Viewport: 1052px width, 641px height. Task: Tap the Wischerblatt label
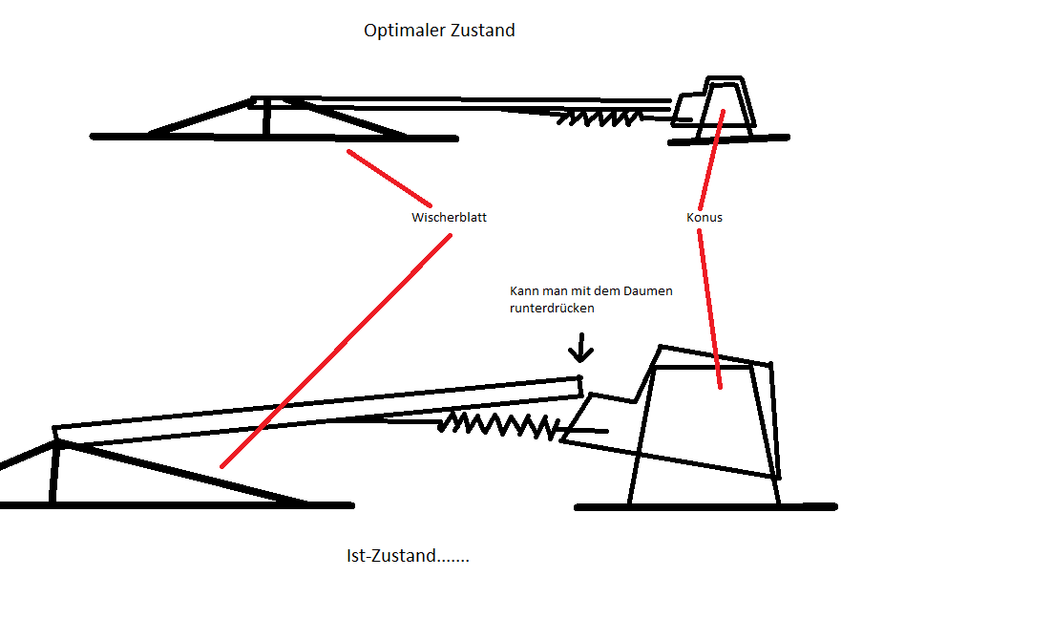click(x=449, y=218)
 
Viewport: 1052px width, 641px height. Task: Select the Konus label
click(x=705, y=218)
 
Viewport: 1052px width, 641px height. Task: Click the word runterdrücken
click(x=552, y=309)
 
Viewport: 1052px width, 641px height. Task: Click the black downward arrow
click(x=579, y=349)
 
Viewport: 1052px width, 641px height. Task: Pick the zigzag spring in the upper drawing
click(x=600, y=118)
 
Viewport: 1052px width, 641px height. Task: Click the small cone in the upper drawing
click(x=726, y=103)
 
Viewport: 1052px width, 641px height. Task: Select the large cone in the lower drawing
click(x=706, y=430)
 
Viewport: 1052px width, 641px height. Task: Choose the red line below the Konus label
click(x=710, y=306)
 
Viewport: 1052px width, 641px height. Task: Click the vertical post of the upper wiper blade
click(x=267, y=117)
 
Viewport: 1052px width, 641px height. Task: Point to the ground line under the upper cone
click(x=729, y=139)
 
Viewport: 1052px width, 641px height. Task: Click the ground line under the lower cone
click(x=706, y=507)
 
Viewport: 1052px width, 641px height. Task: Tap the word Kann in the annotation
click(x=523, y=290)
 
